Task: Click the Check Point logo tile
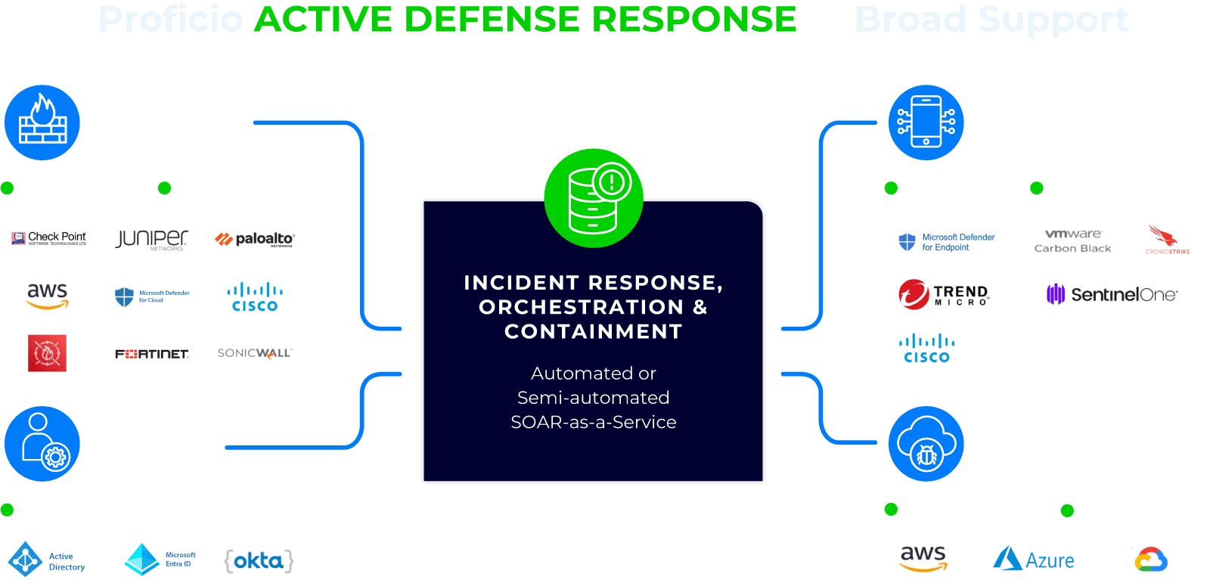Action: pos(48,239)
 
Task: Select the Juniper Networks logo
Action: pos(152,239)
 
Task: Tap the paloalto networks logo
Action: pos(255,239)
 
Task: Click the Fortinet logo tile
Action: pos(152,353)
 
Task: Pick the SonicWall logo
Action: pos(255,353)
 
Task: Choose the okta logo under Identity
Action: pos(259,560)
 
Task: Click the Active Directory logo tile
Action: pos(52,560)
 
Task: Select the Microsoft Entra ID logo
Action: pos(162,560)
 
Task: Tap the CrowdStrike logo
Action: pos(1168,241)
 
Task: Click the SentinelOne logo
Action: pos(1112,294)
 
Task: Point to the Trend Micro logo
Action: pos(948,294)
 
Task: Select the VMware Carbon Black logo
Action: pos(1075,241)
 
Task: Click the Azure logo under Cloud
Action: pos(1034,560)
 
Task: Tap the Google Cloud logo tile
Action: pos(1152,560)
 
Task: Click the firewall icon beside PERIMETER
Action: pos(42,123)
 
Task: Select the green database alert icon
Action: pos(594,198)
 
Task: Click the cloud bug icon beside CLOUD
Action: pos(926,445)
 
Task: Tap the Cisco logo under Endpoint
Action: pos(926,348)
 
